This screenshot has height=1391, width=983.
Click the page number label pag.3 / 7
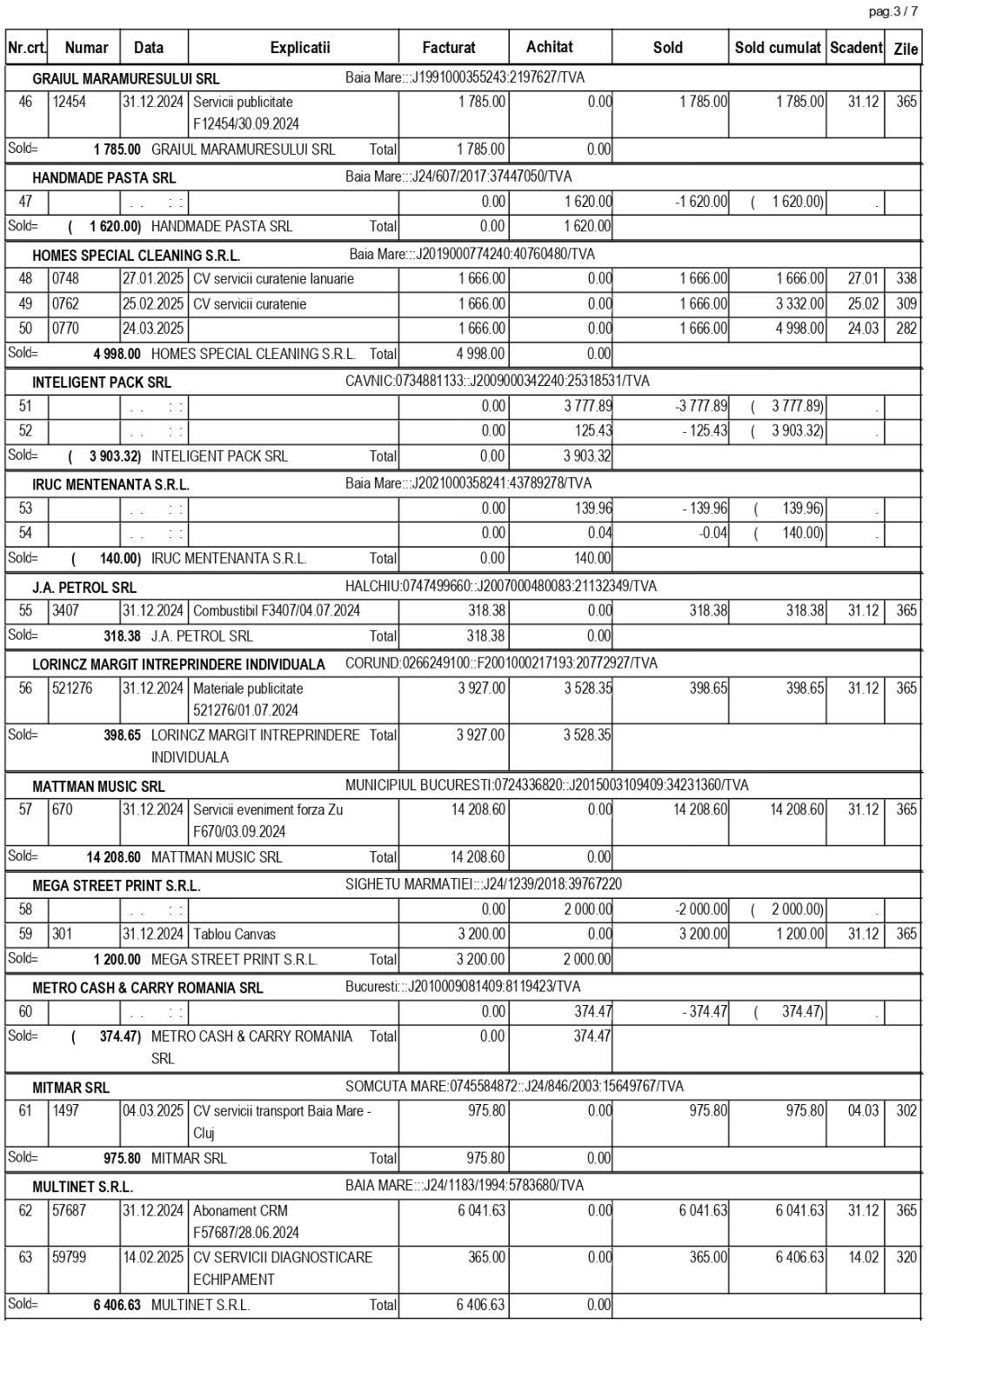click(893, 11)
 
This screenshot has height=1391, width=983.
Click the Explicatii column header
click(299, 48)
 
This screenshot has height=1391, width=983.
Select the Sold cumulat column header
click(777, 48)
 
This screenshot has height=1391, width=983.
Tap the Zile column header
click(905, 49)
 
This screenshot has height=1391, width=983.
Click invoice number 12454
click(70, 102)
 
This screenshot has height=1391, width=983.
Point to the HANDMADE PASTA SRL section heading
click(104, 177)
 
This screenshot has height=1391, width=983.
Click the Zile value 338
click(906, 279)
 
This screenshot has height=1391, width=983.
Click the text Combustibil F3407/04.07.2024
click(277, 611)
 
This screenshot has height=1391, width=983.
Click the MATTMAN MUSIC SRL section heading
click(98, 786)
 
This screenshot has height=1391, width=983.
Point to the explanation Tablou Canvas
click(234, 935)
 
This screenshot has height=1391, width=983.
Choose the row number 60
click(26, 1012)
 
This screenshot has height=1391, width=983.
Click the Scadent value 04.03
click(862, 1111)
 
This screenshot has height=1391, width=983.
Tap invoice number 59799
click(70, 1257)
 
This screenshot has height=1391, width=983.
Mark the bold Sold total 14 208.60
click(113, 857)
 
